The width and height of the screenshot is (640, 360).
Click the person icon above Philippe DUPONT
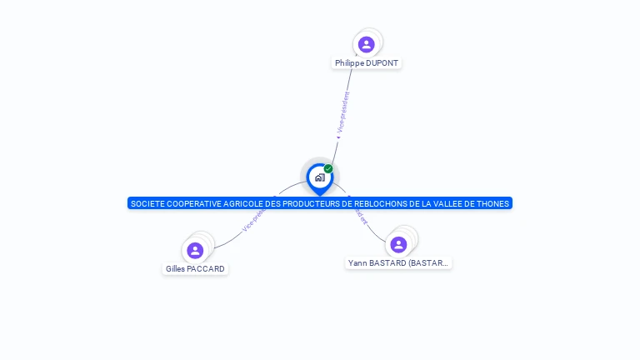pos(366,44)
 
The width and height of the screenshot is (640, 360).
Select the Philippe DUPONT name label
pos(367,63)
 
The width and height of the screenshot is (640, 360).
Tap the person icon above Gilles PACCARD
pos(195,250)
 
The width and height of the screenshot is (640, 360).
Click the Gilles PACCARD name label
pos(195,269)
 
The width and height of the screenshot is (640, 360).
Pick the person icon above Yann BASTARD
pos(398,244)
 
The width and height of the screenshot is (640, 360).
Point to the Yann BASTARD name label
pos(398,263)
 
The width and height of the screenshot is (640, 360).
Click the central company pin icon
pos(319,177)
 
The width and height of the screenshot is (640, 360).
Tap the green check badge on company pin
pos(328,168)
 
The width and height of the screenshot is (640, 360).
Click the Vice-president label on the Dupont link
pos(342,112)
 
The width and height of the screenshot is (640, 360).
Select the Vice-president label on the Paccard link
pos(252,221)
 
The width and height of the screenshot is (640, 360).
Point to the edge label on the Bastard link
pos(359,217)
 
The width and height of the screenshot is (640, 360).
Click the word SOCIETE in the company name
pos(148,203)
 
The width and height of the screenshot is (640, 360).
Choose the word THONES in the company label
pos(492,203)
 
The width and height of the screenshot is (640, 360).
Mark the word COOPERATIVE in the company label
pos(196,203)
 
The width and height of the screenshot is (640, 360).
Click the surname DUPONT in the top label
pos(382,63)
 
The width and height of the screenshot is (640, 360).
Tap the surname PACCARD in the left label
pos(206,269)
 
